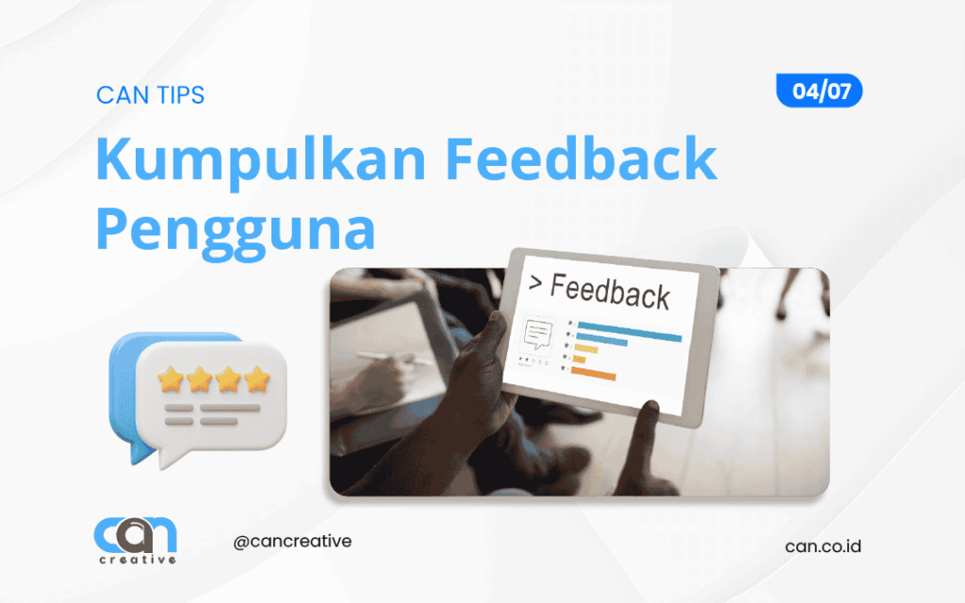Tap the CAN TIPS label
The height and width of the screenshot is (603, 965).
tap(150, 95)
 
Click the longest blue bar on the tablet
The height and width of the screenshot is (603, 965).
tap(629, 337)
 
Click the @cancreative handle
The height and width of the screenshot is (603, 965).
tap(291, 543)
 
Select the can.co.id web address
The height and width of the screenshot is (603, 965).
tap(823, 546)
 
